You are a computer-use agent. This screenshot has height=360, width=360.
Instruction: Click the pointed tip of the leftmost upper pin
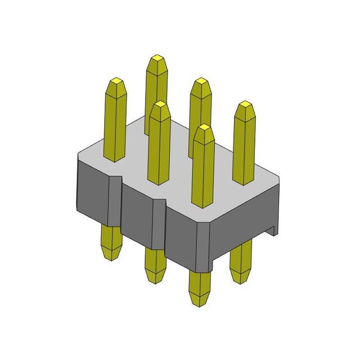[x=116, y=80]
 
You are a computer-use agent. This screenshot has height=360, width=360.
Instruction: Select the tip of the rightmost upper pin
[x=244, y=104]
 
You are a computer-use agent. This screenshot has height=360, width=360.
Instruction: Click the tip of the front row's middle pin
[x=160, y=104]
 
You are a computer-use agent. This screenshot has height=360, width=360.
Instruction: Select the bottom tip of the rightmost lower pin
[x=241, y=280]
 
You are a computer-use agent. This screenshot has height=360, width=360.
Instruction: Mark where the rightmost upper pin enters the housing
[x=244, y=183]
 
